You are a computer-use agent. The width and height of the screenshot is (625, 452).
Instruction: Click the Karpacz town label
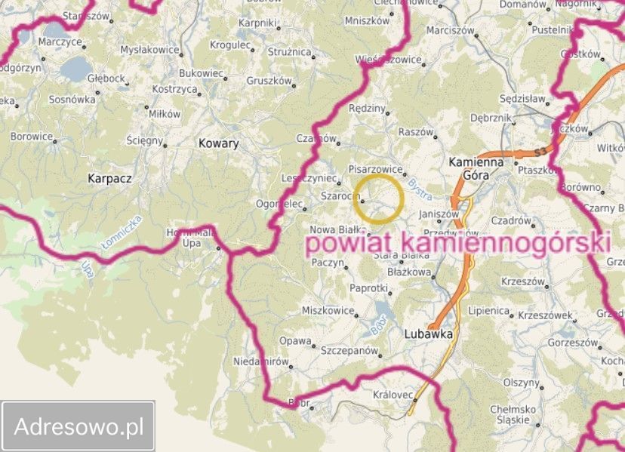pyautogui.click(x=110, y=179)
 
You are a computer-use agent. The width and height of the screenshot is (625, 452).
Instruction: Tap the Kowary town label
pyautogui.click(x=218, y=143)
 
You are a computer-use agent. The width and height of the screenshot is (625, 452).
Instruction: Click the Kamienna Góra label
pyautogui.click(x=476, y=168)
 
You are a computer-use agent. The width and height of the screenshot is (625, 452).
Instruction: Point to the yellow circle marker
pyautogui.click(x=380, y=198)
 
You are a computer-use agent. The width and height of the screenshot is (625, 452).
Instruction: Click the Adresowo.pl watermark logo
pyautogui.click(x=79, y=426)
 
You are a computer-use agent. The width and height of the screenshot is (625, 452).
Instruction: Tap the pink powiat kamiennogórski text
pyautogui.click(x=457, y=243)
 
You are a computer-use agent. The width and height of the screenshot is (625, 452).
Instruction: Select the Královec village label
pyautogui.click(x=393, y=395)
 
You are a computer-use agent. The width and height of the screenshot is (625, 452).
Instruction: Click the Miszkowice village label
pyautogui.click(x=328, y=310)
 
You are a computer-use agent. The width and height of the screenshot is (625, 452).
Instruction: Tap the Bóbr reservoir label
pyautogui.click(x=380, y=323)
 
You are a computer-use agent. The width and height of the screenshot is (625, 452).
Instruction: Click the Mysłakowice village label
pyautogui.click(x=150, y=50)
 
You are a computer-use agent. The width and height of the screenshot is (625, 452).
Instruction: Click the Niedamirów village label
pyautogui.click(x=261, y=361)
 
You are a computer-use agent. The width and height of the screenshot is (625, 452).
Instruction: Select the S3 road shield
pyautogui.click(x=539, y=152)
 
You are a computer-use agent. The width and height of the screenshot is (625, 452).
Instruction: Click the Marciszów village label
pyautogui.click(x=450, y=31)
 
